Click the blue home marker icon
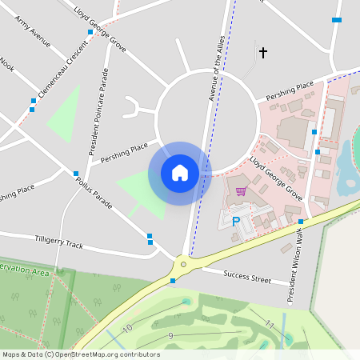180,173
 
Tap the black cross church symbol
262,53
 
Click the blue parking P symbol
235,222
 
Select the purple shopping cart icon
241,191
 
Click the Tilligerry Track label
58,241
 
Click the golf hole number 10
127,328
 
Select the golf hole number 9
170,335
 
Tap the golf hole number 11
270,325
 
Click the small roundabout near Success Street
183,263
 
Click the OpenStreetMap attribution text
82,354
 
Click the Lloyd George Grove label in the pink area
275,178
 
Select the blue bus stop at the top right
337,19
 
